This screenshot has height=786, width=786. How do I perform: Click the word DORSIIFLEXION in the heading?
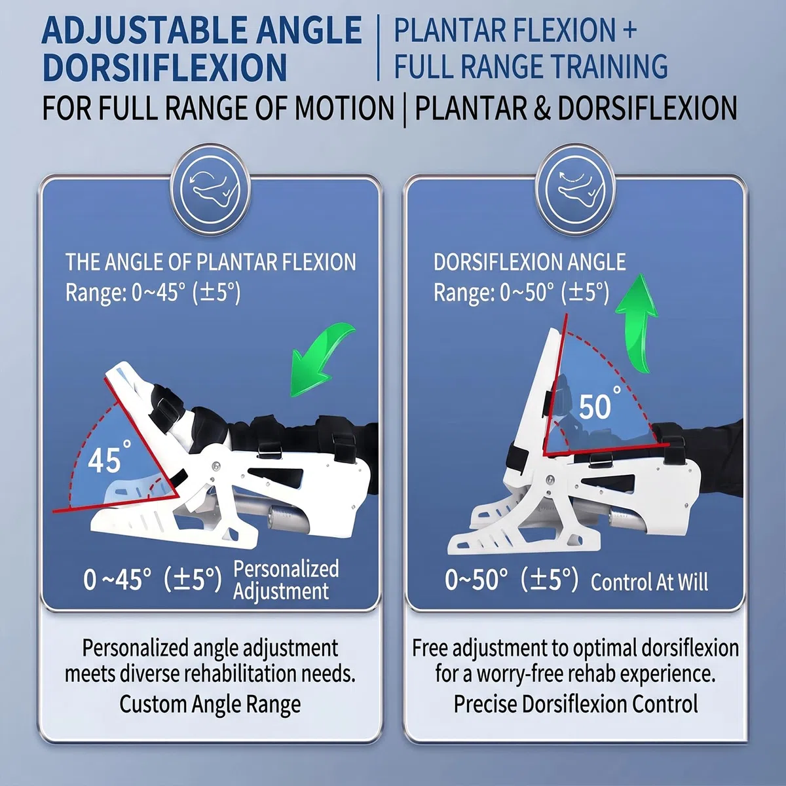pos(165,67)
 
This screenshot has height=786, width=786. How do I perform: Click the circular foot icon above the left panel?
pos(210,191)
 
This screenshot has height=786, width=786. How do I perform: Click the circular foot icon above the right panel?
pos(575,191)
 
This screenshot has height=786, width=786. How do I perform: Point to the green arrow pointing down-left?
pos(322,360)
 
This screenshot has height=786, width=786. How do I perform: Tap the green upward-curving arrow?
pos(636,322)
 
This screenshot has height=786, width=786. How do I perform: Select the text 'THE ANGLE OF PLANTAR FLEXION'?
pos(211,262)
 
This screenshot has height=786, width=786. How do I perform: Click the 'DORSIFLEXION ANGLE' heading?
pos(529,262)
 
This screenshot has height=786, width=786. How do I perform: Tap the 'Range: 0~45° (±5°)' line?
pos(153,292)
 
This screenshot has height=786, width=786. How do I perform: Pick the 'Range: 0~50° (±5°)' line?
pos(521,292)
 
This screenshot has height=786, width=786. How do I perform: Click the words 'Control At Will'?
pos(649,582)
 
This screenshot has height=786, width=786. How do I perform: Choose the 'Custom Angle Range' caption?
pos(210,704)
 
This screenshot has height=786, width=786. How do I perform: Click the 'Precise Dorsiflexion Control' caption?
pos(576,704)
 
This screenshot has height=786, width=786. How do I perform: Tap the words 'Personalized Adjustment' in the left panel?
pos(286,580)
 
